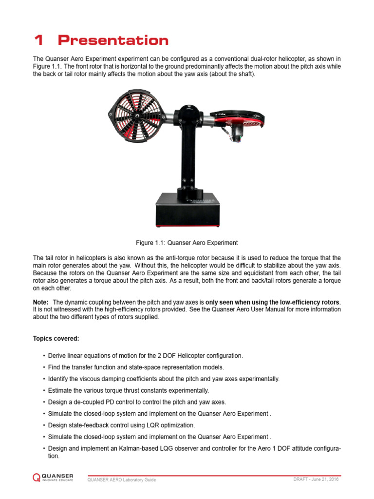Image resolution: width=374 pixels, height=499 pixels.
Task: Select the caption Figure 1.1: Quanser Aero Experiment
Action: tap(187, 242)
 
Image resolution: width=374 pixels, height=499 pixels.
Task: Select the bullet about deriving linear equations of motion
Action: tap(145, 356)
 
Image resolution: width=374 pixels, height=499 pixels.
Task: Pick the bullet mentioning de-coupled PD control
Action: tap(137, 402)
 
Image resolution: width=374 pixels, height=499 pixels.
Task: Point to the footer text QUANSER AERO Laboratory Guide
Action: tap(121, 480)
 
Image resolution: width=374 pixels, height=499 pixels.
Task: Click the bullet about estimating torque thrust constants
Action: tap(128, 390)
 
